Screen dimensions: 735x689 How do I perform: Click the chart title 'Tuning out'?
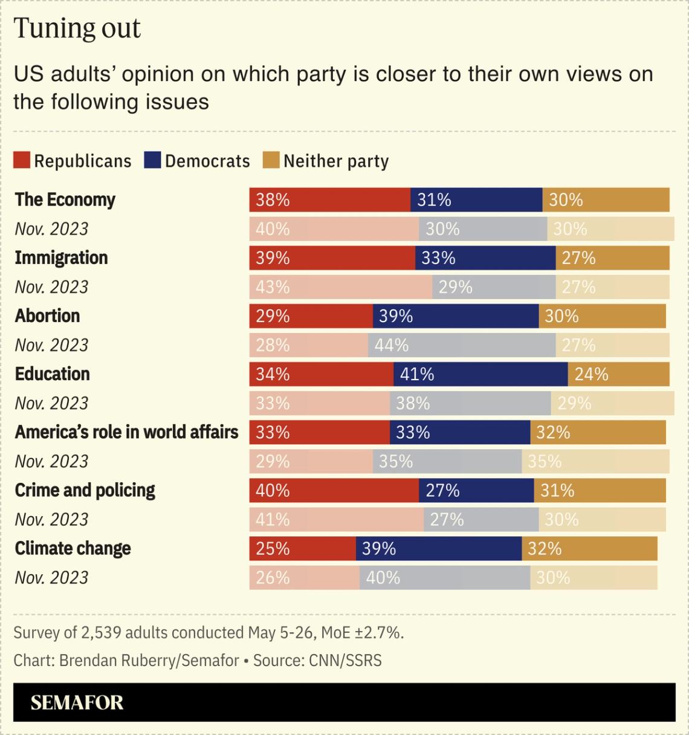77,28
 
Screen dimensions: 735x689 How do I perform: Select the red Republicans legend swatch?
22,160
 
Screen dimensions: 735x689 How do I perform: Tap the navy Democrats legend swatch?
152,160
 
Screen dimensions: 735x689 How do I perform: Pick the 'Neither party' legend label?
336,161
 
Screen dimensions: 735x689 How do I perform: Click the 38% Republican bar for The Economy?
329,200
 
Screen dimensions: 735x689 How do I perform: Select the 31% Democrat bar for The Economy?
476,200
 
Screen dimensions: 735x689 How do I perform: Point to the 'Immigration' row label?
61,258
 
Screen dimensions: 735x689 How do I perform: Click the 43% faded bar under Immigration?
340,287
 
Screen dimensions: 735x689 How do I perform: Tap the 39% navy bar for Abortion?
456,316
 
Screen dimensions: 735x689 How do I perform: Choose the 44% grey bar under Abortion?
462,345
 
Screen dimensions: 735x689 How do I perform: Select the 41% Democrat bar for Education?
480,374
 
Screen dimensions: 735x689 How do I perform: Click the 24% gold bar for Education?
618,374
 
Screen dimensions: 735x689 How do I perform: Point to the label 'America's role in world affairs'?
126,432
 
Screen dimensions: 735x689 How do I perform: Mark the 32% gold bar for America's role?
598,432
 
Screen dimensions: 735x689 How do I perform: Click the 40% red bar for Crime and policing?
334,490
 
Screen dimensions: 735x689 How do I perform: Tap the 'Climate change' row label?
73,548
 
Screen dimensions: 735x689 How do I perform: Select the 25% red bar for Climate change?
302,548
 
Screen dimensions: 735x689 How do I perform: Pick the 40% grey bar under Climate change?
445,577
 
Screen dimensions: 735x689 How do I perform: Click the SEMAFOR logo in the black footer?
77,702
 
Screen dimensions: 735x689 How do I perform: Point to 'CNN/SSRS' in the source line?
345,660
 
